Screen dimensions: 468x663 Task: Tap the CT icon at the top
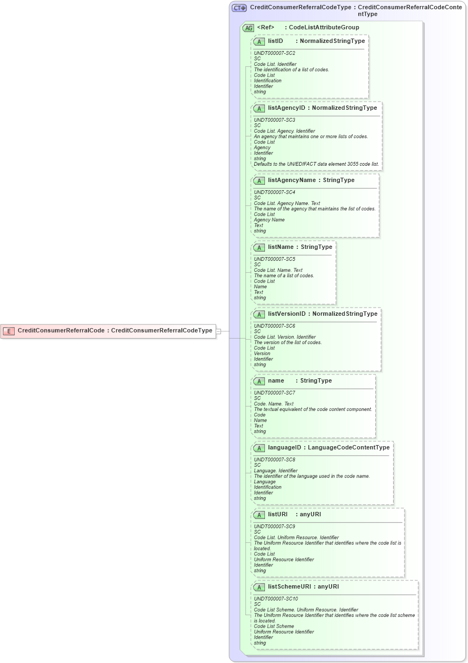[239, 8]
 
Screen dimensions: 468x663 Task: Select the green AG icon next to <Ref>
[248, 28]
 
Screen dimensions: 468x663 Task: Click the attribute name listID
[275, 41]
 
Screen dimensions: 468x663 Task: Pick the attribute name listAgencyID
[286, 108]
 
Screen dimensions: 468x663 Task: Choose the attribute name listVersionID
[287, 314]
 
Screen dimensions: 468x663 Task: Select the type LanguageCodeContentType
[349, 447]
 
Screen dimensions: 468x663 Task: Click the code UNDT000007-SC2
[275, 53]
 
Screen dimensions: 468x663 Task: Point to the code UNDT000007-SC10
[276, 599]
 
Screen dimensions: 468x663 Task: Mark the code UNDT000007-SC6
[275, 326]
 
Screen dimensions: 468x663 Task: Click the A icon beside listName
[259, 247]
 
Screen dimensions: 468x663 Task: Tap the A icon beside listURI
[259, 515]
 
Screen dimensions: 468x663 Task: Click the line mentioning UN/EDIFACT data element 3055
[316, 164]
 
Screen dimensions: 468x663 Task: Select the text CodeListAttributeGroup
[324, 27]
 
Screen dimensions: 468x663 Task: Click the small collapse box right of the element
[218, 330]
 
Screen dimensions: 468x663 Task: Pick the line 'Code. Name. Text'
[274, 404]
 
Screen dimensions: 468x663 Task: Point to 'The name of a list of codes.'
[284, 276]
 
